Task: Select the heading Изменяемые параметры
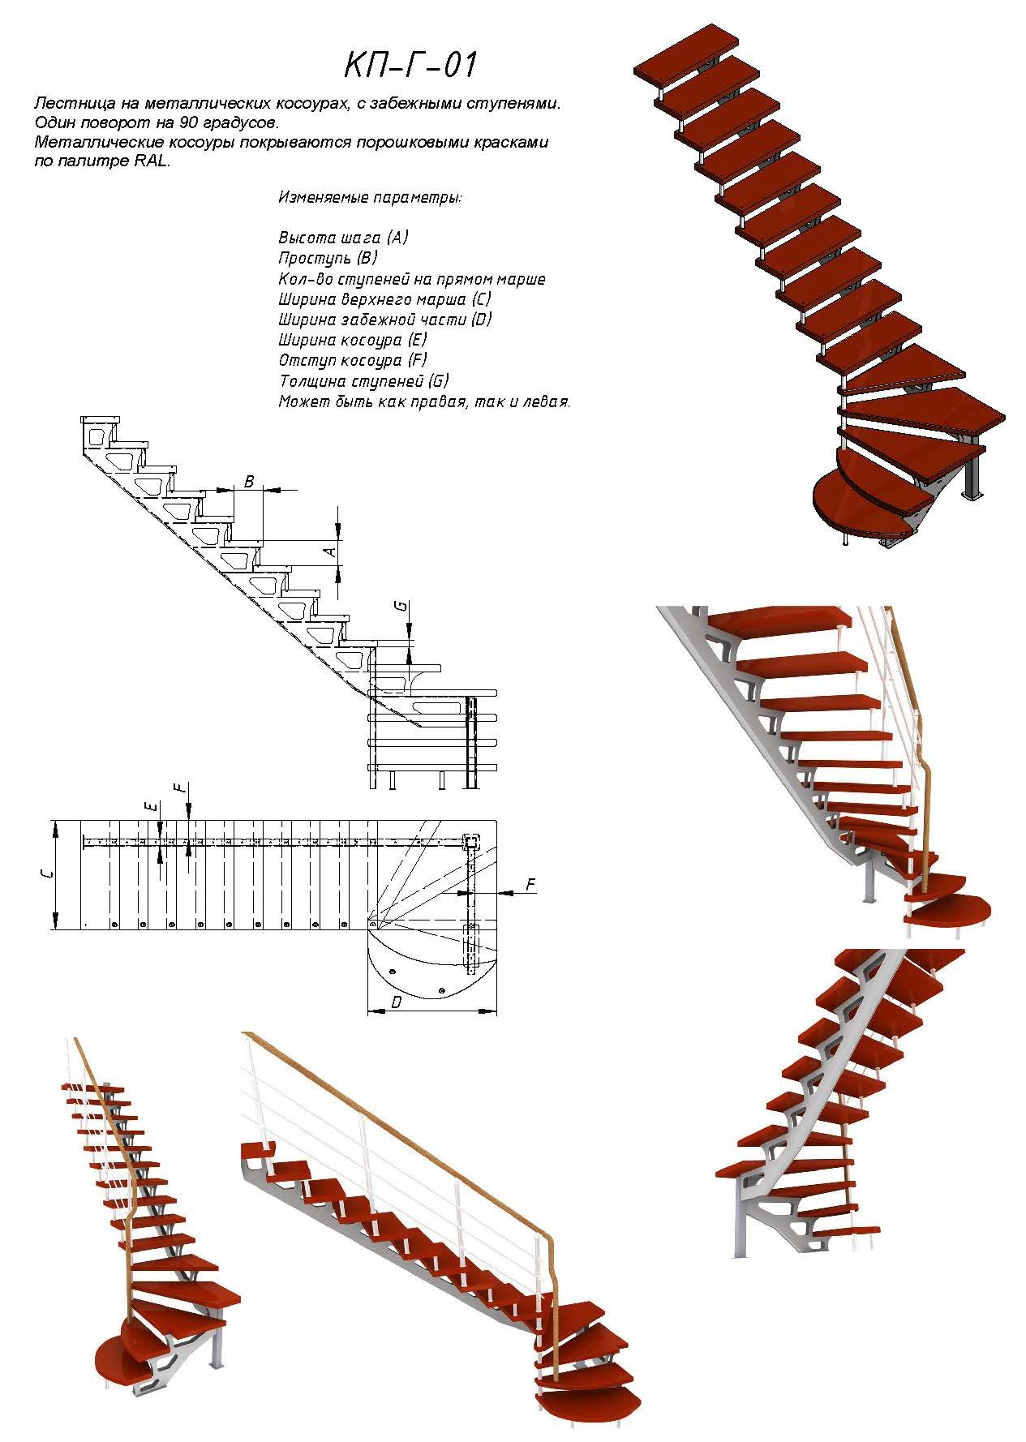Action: [370, 197]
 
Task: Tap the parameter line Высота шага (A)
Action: [343, 238]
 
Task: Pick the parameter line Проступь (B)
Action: [328, 258]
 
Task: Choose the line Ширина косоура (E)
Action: [352, 340]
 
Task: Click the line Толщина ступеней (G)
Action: [363, 380]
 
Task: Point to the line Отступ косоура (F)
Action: [352, 360]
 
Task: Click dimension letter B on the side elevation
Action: [249, 482]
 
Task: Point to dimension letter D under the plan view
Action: [396, 1003]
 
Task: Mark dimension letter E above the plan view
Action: [149, 806]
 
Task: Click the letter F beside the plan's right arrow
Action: [530, 884]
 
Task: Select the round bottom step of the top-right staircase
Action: [852, 507]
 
